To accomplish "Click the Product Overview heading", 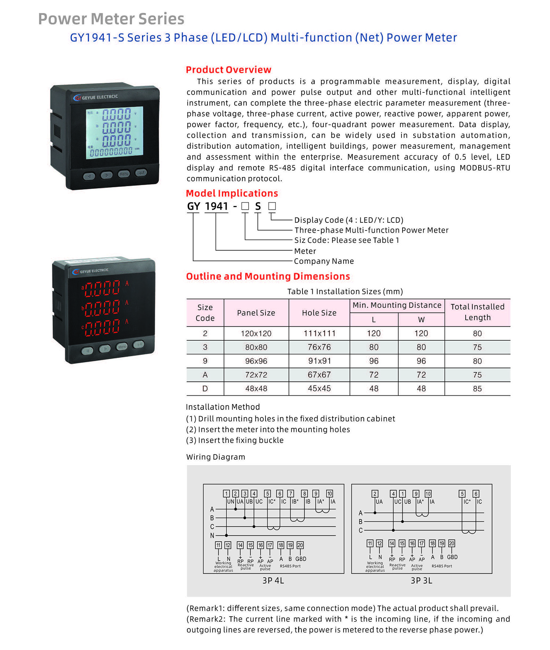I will pos(228,70).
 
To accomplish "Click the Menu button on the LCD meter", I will pos(124,174).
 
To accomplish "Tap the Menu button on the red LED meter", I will pos(122,346).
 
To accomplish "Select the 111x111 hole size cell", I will pos(319,333).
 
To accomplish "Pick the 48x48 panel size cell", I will pos(256,388).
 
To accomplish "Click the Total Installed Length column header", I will pos(477,312).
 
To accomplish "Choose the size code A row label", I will pos(205,375).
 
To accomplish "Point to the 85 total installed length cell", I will pos(477,388).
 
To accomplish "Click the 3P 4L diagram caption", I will pos(273,580).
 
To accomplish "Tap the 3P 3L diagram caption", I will pos(421,580).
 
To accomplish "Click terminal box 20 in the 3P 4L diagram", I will pos(300,545).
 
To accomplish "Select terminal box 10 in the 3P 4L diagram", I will pos(330,494).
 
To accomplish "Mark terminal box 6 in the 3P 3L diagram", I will pos(476,494).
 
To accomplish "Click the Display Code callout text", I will pos(349,220).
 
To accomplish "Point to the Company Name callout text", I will pos(324,261).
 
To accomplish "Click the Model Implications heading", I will pos(232,193).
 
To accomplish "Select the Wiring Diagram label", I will pos(216,457).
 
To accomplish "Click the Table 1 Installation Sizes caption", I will pos(345,291).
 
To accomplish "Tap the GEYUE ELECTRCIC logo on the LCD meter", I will pos(96,97).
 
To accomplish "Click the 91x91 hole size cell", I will pos(319,361).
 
